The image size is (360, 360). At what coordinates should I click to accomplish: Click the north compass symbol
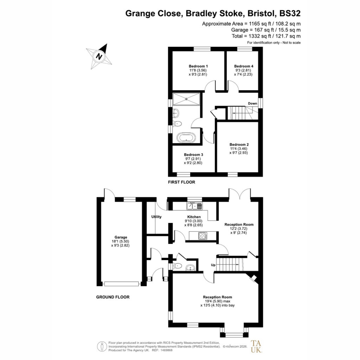[x=99, y=56]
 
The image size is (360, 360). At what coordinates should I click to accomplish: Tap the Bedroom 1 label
[x=198, y=66]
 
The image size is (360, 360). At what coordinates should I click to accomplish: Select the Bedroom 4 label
[x=244, y=66]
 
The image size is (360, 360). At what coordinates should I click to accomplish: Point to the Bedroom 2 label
[x=239, y=144]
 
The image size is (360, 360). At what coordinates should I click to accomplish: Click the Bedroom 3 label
[x=193, y=155]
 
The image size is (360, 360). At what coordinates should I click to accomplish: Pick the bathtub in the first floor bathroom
[x=186, y=138]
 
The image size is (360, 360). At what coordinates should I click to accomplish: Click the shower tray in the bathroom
[x=186, y=99]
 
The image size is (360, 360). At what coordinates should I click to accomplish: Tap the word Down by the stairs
[x=252, y=103]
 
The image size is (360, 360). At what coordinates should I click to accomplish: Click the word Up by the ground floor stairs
[x=213, y=265]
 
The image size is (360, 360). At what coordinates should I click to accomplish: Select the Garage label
[x=121, y=237]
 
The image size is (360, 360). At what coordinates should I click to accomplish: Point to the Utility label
[x=156, y=217]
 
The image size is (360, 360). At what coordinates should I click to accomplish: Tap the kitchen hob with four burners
[x=202, y=236]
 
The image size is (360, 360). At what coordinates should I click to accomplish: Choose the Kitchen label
[x=194, y=217]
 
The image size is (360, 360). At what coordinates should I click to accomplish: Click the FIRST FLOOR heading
[x=181, y=182]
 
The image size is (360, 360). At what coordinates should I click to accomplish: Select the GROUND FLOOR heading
[x=113, y=297]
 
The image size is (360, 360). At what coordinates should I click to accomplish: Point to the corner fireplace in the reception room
[x=253, y=278]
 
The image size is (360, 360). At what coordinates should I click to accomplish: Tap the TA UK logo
[x=256, y=346]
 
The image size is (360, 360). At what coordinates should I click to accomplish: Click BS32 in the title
[x=290, y=13]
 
